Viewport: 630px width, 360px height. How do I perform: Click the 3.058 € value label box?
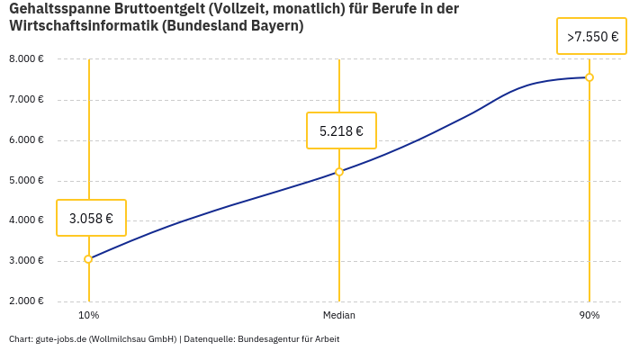point(91,218)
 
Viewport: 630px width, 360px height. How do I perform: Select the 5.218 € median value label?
point(341,130)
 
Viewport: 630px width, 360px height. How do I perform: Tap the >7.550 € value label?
point(592,37)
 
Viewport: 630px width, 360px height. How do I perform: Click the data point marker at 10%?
point(88,259)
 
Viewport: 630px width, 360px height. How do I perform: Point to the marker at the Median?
point(339,172)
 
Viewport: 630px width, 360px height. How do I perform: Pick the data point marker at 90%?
point(589,77)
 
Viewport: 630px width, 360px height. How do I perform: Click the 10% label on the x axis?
point(88,315)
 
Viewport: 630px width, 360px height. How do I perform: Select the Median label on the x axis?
point(339,315)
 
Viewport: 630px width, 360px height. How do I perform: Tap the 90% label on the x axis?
point(589,315)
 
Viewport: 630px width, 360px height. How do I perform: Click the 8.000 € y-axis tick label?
point(26,59)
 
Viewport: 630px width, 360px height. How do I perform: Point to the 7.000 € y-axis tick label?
point(26,100)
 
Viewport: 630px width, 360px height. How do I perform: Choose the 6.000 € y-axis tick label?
point(26,140)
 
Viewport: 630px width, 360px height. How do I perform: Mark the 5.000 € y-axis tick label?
point(26,181)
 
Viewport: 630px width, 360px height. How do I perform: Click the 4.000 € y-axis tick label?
point(26,220)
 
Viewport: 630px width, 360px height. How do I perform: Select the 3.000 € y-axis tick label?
point(26,261)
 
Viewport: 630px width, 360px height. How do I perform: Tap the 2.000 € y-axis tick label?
point(26,301)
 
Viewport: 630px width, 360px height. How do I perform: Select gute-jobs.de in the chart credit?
point(60,339)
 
